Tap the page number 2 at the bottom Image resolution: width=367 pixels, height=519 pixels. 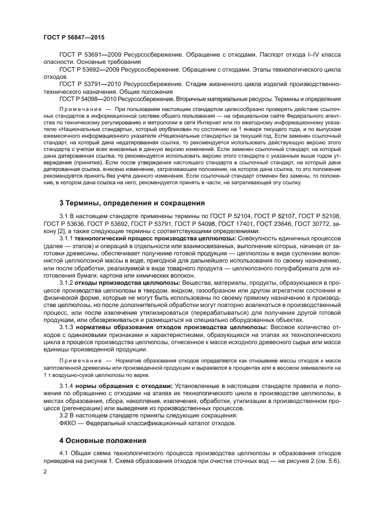tap(46, 471)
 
